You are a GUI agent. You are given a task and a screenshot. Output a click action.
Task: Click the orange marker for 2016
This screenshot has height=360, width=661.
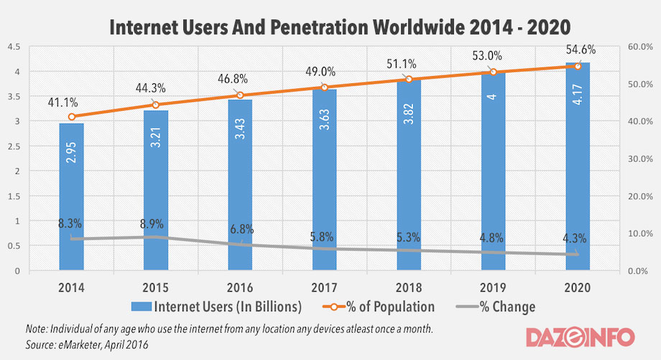(x=240, y=96)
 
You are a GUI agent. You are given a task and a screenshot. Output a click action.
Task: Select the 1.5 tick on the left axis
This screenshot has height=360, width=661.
(x=14, y=196)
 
